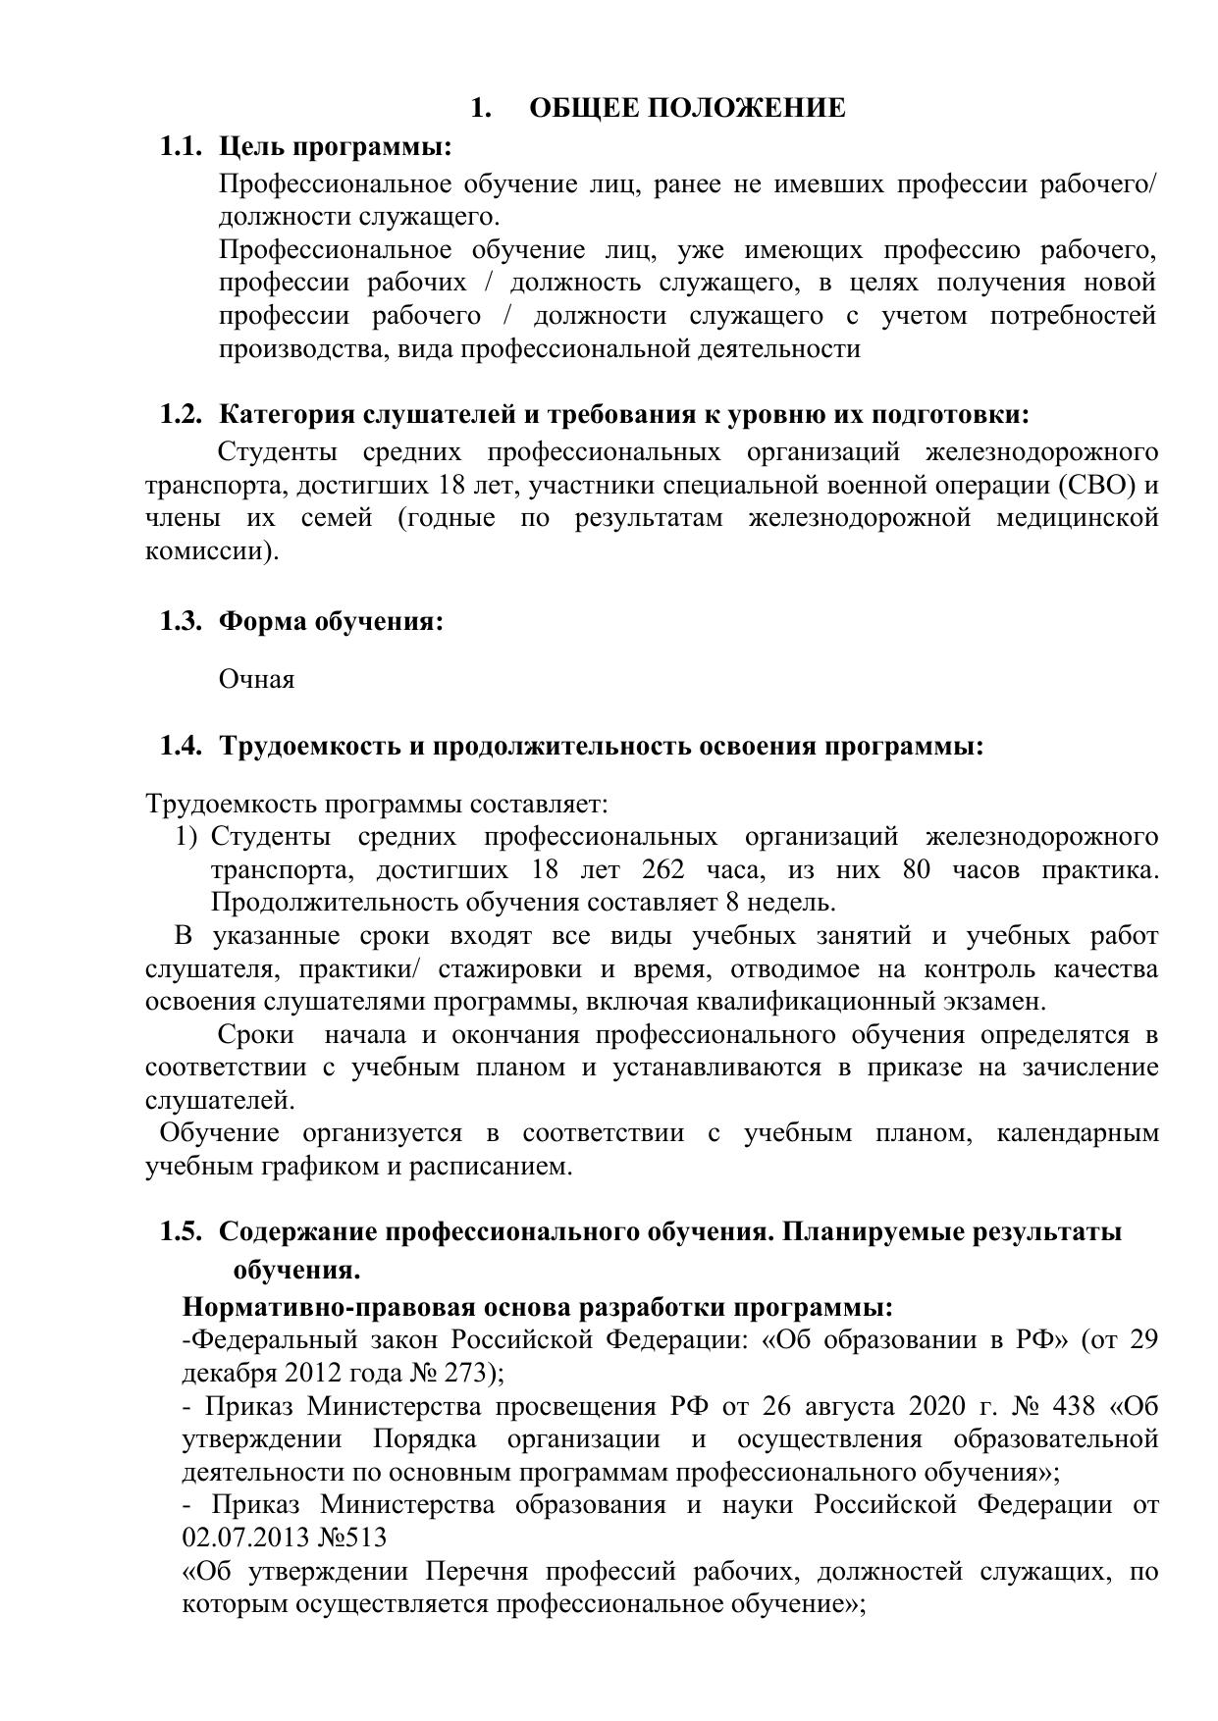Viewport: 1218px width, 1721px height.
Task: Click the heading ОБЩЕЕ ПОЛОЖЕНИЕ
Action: click(x=687, y=108)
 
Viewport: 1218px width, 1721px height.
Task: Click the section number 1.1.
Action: click(x=181, y=147)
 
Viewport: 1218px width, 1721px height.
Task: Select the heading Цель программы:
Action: click(x=335, y=147)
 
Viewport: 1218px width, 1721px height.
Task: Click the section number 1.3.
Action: click(x=181, y=622)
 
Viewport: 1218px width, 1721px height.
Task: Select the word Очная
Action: click(x=256, y=679)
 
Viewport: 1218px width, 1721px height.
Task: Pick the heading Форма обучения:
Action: click(x=331, y=622)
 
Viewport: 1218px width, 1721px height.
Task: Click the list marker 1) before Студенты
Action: click(x=187, y=838)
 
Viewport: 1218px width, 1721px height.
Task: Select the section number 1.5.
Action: click(x=181, y=1232)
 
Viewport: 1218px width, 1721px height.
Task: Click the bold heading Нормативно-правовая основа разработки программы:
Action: click(x=538, y=1308)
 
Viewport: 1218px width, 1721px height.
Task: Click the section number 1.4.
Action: click(x=181, y=747)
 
